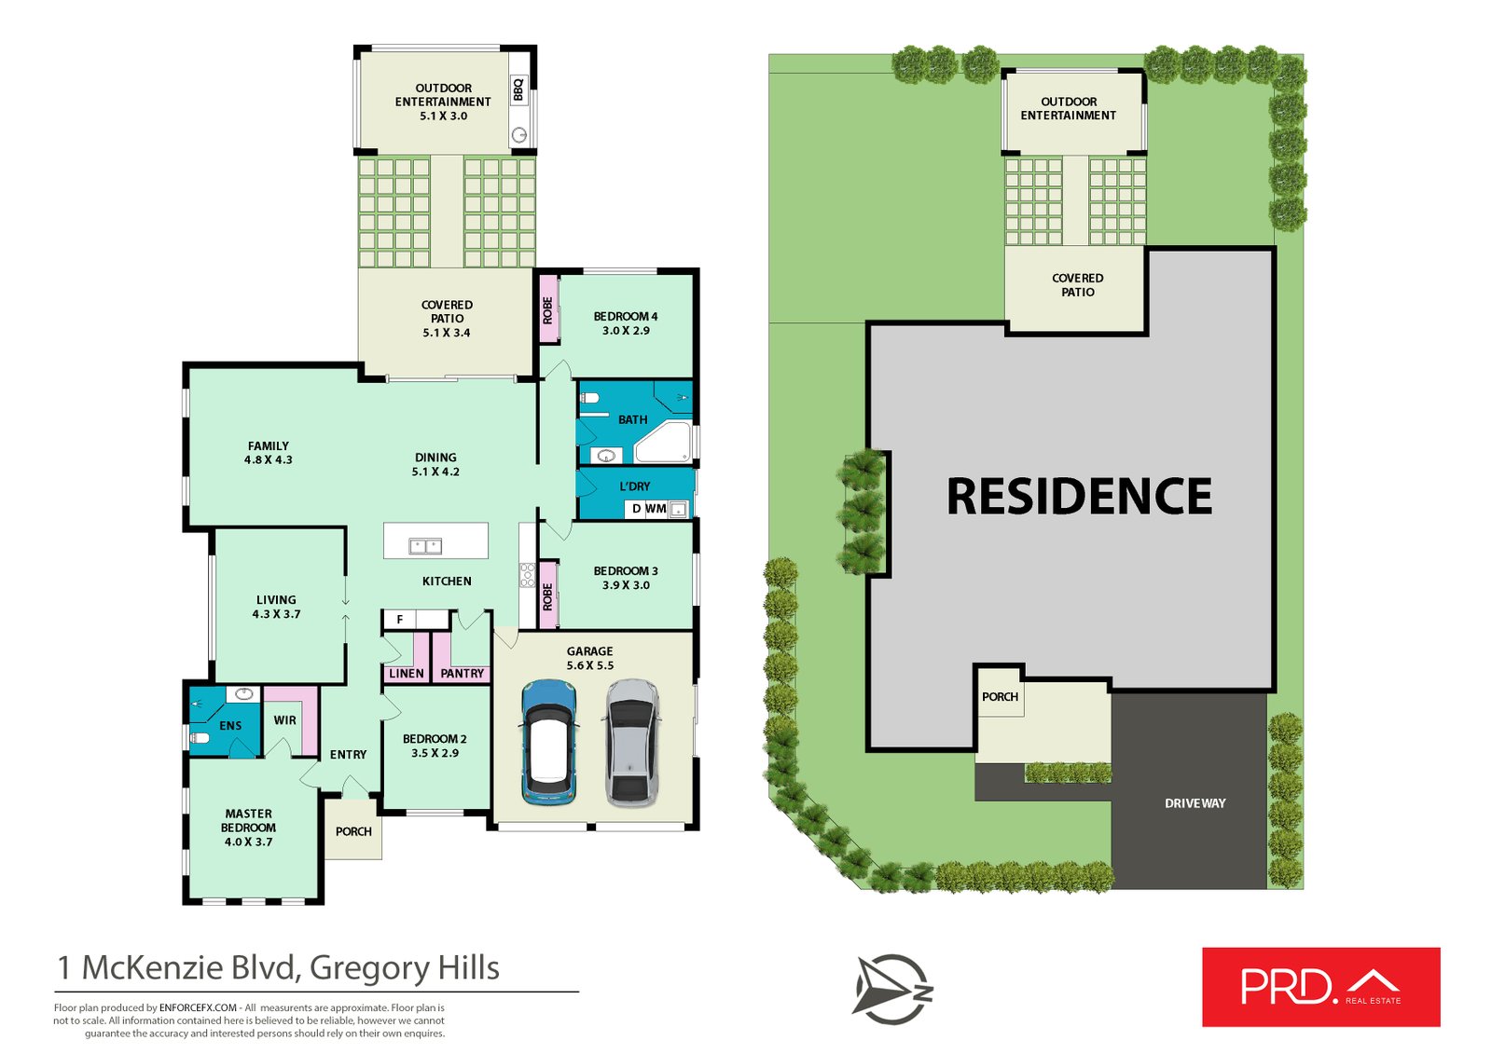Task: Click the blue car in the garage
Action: tap(548, 742)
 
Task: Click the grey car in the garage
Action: tap(633, 742)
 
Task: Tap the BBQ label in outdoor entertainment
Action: tap(518, 89)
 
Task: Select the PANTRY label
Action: tap(463, 673)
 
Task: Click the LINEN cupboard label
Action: tap(407, 673)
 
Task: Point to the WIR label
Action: tap(285, 720)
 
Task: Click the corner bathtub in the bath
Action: tap(664, 444)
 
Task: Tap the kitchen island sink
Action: tap(425, 546)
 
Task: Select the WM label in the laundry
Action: tap(656, 509)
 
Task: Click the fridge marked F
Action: tap(400, 619)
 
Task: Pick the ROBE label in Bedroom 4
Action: tap(547, 310)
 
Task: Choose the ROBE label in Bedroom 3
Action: tap(547, 596)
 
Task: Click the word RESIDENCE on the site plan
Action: tap(1079, 497)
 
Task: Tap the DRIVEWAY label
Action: tap(1195, 803)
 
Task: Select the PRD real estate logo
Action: tap(1320, 987)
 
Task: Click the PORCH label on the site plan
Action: tap(1000, 697)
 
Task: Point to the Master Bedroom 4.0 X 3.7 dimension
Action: tap(249, 842)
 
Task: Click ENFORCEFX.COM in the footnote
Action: tap(199, 1007)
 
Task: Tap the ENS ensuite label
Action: tap(230, 726)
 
